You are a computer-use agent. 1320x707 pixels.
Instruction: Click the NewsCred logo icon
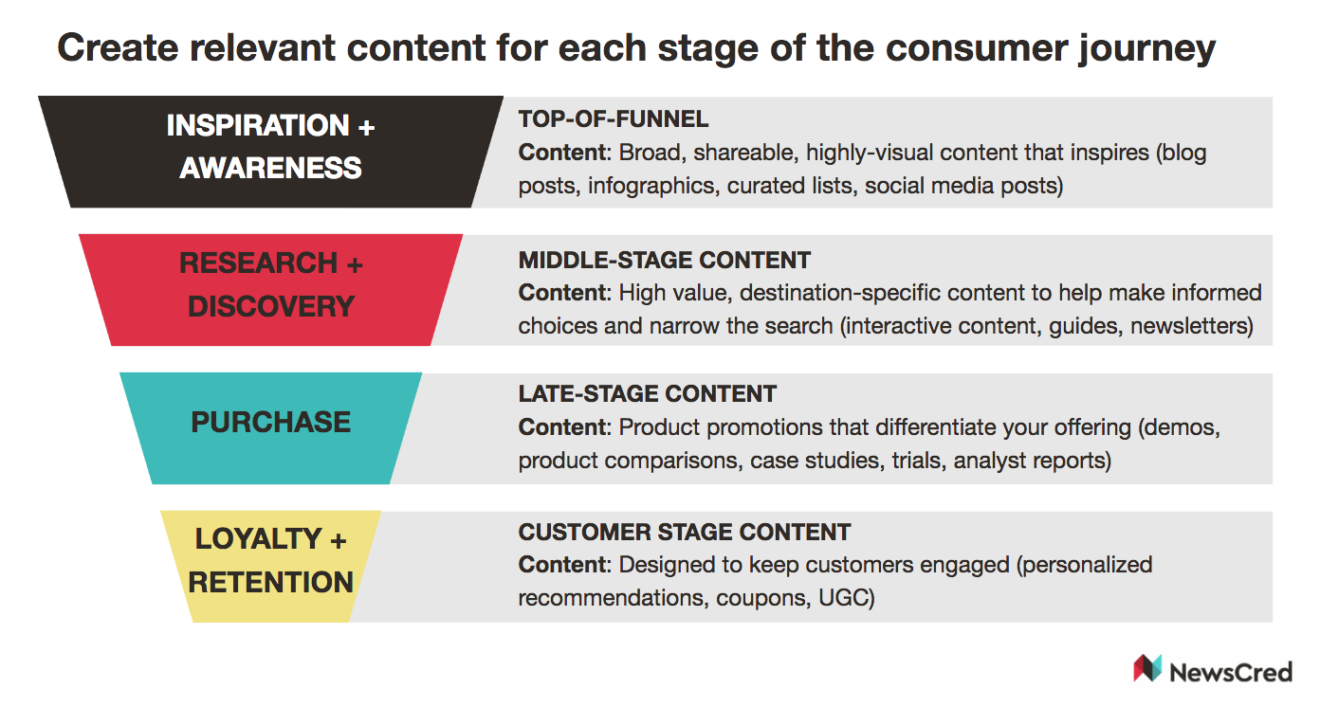tap(1147, 668)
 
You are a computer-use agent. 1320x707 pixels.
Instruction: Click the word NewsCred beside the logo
tap(1231, 672)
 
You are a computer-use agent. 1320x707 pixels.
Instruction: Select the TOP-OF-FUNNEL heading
tap(614, 119)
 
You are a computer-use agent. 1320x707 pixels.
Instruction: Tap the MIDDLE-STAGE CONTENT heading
tap(664, 260)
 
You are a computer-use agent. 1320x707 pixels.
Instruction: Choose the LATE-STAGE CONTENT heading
tap(647, 393)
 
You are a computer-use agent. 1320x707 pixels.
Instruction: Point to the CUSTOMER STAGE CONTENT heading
tap(684, 532)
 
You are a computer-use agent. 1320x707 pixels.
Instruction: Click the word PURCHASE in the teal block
tap(270, 422)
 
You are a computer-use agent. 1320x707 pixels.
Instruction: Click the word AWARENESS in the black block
tap(270, 168)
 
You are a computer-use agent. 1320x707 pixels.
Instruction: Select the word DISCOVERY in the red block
tap(271, 306)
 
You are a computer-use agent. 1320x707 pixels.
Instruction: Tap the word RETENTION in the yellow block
tap(270, 582)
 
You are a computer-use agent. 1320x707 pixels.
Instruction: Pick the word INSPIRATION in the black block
tap(258, 125)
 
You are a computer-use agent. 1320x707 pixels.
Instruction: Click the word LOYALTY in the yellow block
tap(259, 538)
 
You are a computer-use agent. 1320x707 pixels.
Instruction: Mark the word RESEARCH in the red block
tap(259, 263)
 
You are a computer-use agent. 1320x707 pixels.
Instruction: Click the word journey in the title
tap(1146, 49)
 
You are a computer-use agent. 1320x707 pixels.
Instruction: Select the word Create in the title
tap(118, 47)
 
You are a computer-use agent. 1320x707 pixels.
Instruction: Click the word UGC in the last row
tap(846, 598)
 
